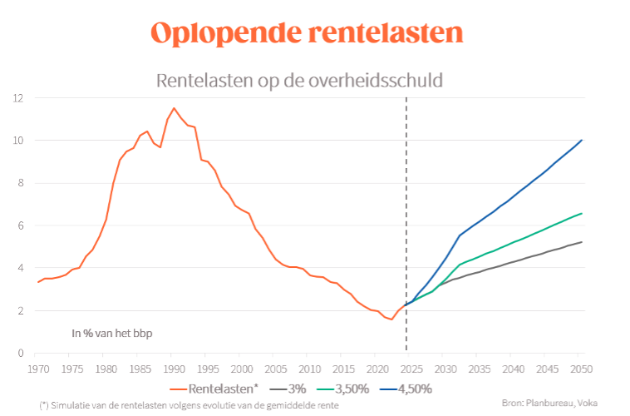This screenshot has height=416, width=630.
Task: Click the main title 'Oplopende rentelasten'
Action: coord(307,33)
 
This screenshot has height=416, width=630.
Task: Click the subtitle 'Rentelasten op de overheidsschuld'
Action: coord(299,81)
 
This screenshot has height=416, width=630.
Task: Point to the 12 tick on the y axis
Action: coord(17,98)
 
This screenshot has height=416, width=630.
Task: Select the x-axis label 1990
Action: coord(173,369)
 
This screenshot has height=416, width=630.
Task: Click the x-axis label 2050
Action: coord(582,369)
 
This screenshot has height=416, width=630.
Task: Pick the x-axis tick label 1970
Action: coord(37,369)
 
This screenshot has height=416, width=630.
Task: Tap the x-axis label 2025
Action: coord(411,369)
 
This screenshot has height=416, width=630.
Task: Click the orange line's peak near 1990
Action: coord(174,108)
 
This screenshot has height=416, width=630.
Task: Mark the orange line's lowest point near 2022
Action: coord(391,319)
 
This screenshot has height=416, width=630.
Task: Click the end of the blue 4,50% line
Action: coord(582,140)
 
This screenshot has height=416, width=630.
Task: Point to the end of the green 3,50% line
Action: coord(582,213)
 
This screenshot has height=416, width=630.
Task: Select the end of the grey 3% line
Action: coord(582,242)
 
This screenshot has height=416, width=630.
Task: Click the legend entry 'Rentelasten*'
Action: coord(219,389)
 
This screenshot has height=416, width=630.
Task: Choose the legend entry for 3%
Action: coord(289,389)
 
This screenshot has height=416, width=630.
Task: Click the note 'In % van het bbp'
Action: coord(111,334)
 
